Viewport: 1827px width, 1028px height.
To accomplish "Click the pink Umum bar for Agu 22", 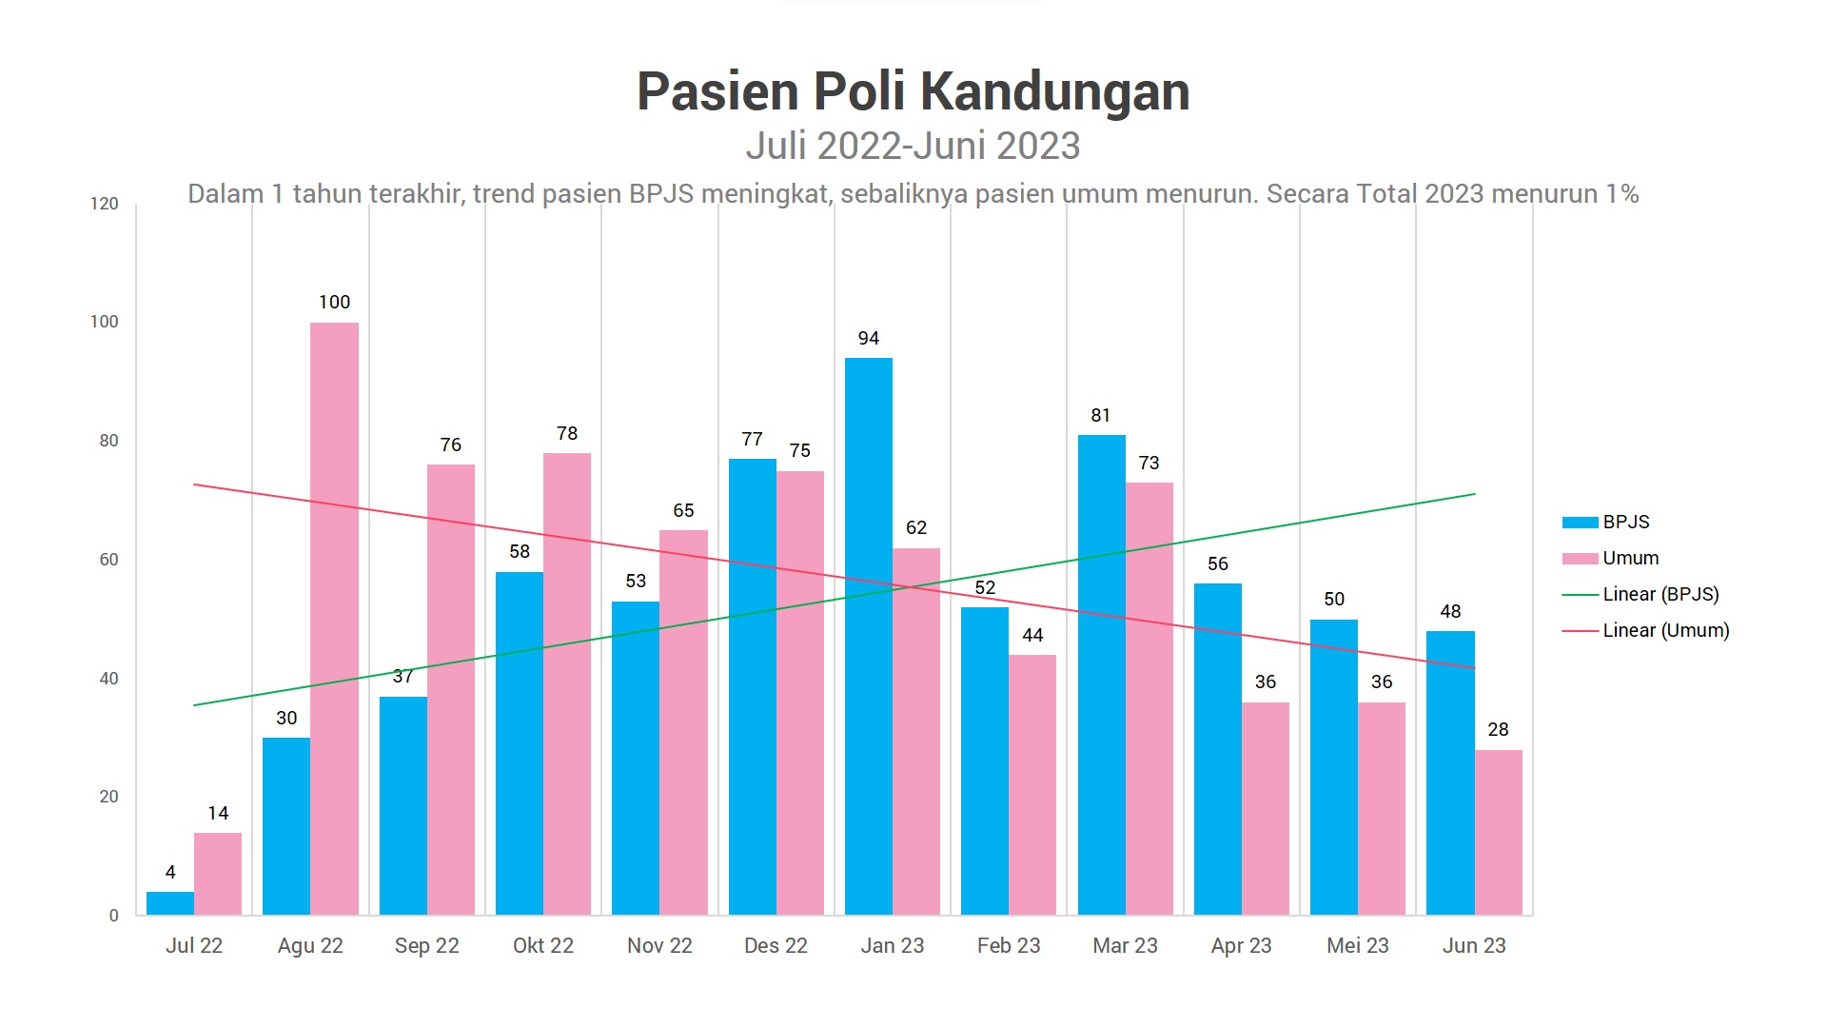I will pos(334,619).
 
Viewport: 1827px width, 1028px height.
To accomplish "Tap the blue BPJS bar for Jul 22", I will pos(170,903).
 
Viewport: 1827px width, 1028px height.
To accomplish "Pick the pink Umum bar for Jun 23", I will pos(1498,832).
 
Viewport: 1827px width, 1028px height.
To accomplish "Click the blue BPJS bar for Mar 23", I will pos(1101,675).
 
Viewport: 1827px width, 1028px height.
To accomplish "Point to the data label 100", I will pos(334,303).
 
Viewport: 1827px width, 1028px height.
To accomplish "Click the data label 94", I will pos(868,339).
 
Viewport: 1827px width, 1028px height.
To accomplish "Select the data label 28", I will pos(1498,730).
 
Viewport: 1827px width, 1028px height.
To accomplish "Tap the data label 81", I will pos(1101,416).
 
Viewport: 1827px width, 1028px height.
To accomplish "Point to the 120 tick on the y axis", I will pos(105,204).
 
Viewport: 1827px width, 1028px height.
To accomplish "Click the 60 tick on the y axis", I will pos(108,560).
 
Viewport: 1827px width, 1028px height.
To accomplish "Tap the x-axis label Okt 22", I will pos(543,946).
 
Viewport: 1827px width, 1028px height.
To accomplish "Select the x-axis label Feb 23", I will pos(1009,946).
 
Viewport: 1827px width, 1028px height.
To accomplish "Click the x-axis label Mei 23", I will pos(1358,946).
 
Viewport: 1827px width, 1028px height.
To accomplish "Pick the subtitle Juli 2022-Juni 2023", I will pos(913,146).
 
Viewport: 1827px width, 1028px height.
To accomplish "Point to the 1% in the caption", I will pos(1622,194).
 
